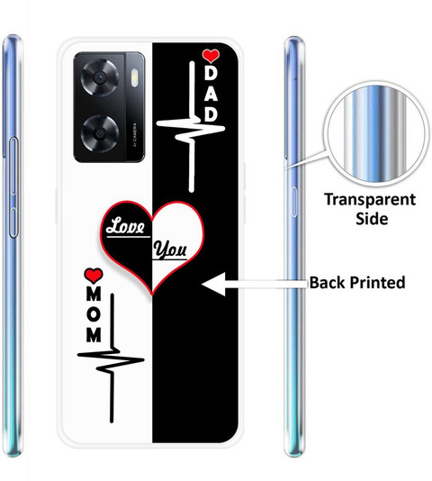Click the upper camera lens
click(100, 78)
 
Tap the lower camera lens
click(100, 133)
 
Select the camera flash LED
click(135, 77)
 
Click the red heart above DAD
click(211, 56)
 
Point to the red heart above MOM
click(94, 275)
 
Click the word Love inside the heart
click(126, 226)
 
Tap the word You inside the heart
click(170, 250)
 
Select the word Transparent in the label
click(370, 200)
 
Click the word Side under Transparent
click(372, 218)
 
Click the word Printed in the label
click(377, 283)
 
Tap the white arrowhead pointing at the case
click(213, 284)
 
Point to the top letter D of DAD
click(211, 73)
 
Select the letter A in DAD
click(211, 95)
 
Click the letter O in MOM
click(94, 314)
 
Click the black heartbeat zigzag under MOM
click(111, 358)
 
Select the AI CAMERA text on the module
click(135, 135)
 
